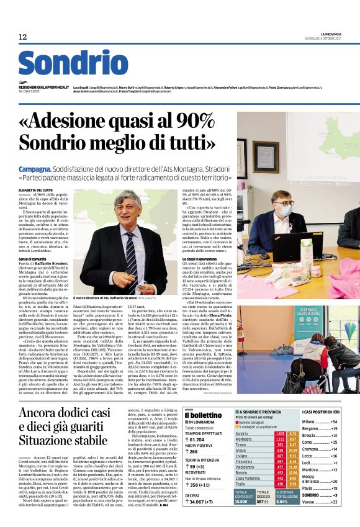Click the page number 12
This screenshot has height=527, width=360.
click(23, 37)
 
